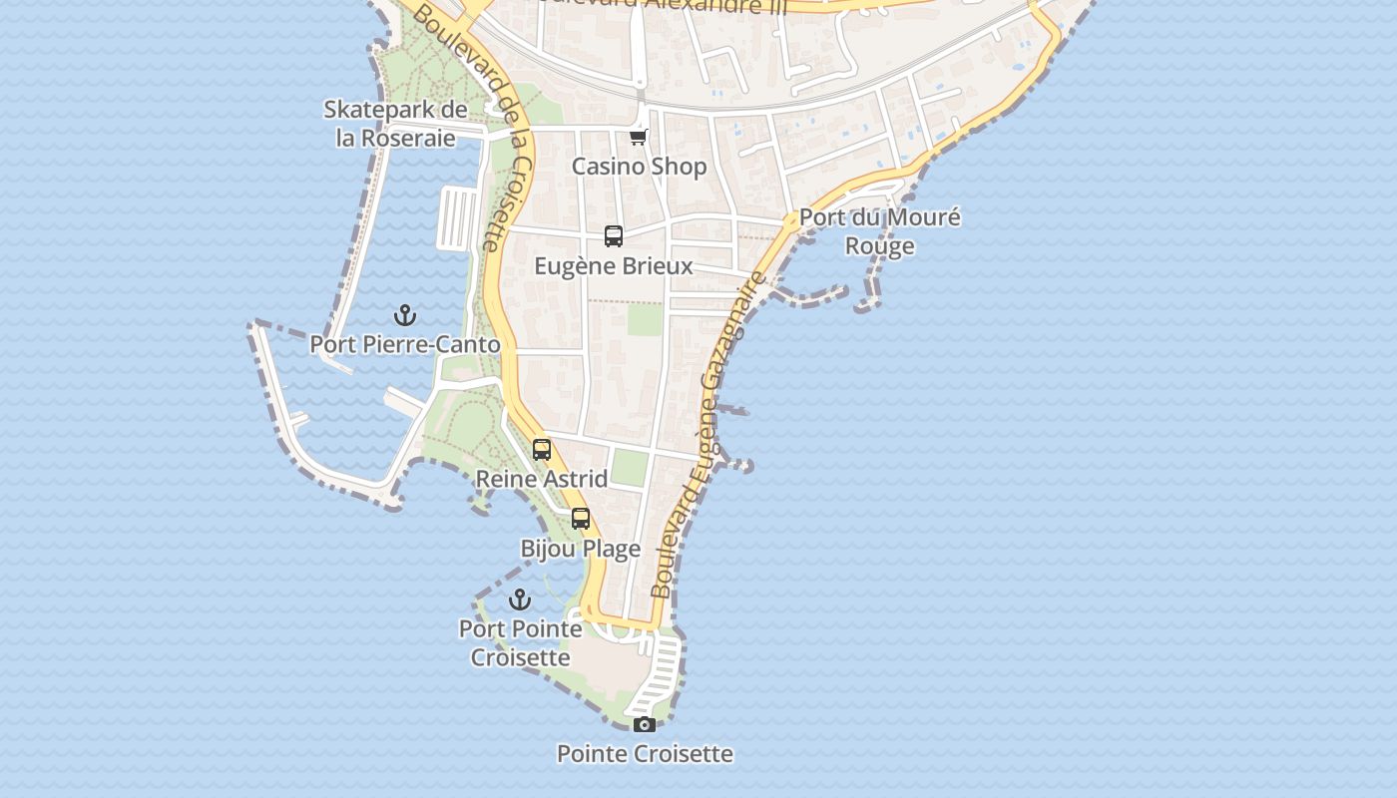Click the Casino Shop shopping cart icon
click(x=639, y=137)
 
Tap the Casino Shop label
click(x=639, y=167)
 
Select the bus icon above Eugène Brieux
click(x=614, y=236)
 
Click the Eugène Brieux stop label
click(x=614, y=266)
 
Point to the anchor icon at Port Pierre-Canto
click(x=405, y=316)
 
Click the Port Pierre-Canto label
click(x=405, y=345)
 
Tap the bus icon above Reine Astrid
click(x=542, y=450)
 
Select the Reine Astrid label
click(x=542, y=479)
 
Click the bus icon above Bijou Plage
click(x=581, y=519)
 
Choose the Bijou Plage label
click(x=581, y=549)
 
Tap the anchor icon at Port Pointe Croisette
click(x=520, y=599)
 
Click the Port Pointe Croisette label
click(x=520, y=643)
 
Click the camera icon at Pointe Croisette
click(x=645, y=724)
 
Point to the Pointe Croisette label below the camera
click(x=645, y=754)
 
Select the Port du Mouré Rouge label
click(x=879, y=231)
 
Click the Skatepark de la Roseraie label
click(x=395, y=124)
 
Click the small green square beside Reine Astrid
click(x=630, y=467)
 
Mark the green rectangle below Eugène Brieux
click(x=645, y=319)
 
